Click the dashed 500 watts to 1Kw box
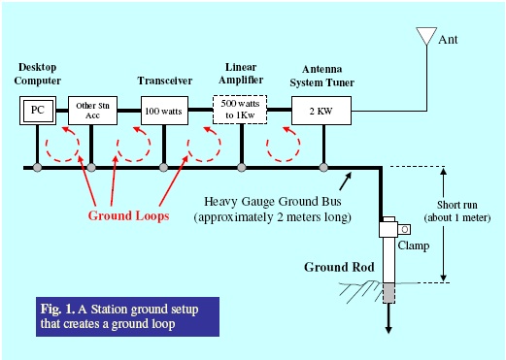point(240,110)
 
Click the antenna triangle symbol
point(424,37)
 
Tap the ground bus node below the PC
point(38,168)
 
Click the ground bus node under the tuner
point(322,168)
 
